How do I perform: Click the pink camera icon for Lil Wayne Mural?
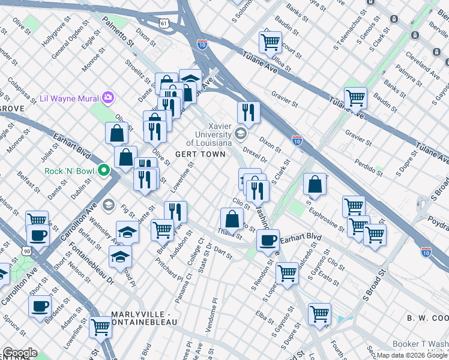pos(108,97)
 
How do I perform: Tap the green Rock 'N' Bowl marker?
pos(104,171)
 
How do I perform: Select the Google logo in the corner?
pos(20,353)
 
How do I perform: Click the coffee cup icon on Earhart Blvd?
pos(268,239)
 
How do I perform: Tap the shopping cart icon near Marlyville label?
pos(100,327)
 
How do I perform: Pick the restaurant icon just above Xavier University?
pos(247,112)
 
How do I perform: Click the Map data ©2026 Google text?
pos(412,355)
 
